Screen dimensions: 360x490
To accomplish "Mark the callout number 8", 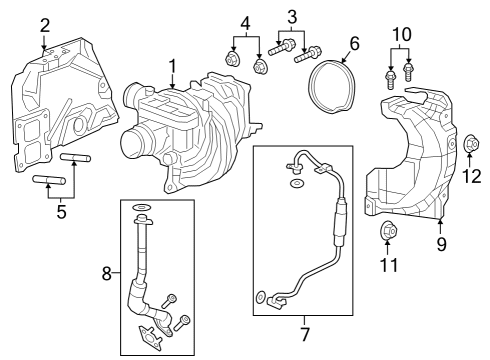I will (x=108, y=272).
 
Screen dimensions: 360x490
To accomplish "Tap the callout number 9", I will (x=441, y=242).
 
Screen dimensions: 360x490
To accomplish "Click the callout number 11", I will (x=389, y=265).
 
